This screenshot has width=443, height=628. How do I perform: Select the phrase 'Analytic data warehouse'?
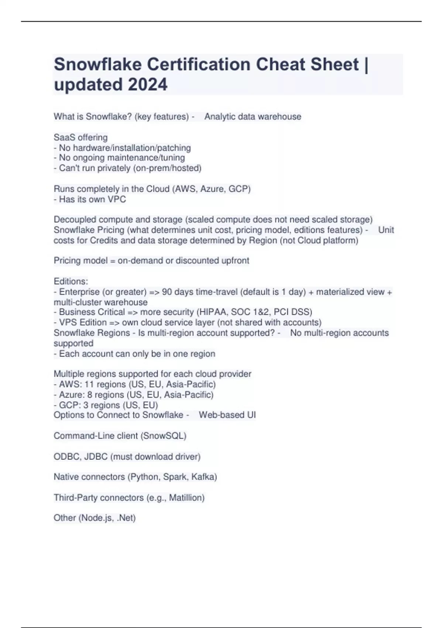coord(253,117)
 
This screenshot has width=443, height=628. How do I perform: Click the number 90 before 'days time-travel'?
coord(167,292)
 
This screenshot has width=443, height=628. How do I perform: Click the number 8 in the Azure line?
coord(90,395)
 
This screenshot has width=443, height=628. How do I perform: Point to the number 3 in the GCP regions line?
coord(86,405)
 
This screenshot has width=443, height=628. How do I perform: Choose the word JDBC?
coord(96,457)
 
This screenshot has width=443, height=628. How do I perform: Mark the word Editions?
coord(71,281)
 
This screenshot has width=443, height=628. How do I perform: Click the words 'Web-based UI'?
coord(227,415)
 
